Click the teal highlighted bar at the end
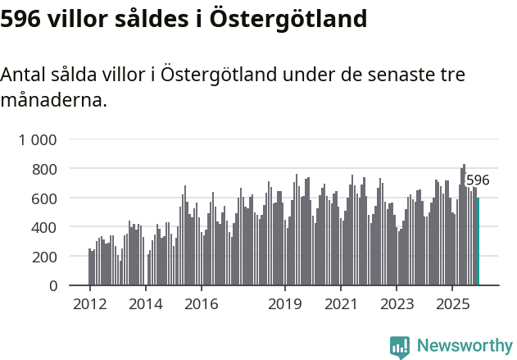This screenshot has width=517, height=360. pyautogui.click(x=478, y=242)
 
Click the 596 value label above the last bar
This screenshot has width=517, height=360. pyautogui.click(x=478, y=180)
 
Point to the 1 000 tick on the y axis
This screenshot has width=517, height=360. pyautogui.click(x=38, y=139)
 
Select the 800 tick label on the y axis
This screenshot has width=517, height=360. pyautogui.click(x=45, y=169)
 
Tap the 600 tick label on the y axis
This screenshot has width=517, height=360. pyautogui.click(x=45, y=198)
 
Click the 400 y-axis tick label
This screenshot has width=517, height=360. pyautogui.click(x=45, y=227)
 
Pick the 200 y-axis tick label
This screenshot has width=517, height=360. pyautogui.click(x=45, y=257)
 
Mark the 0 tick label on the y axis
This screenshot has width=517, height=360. pyautogui.click(x=53, y=286)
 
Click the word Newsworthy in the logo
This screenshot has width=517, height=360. pyautogui.click(x=464, y=346)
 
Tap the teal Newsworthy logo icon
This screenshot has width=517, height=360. pyautogui.click(x=400, y=347)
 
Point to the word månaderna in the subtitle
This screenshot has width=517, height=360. pyautogui.click(x=53, y=101)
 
